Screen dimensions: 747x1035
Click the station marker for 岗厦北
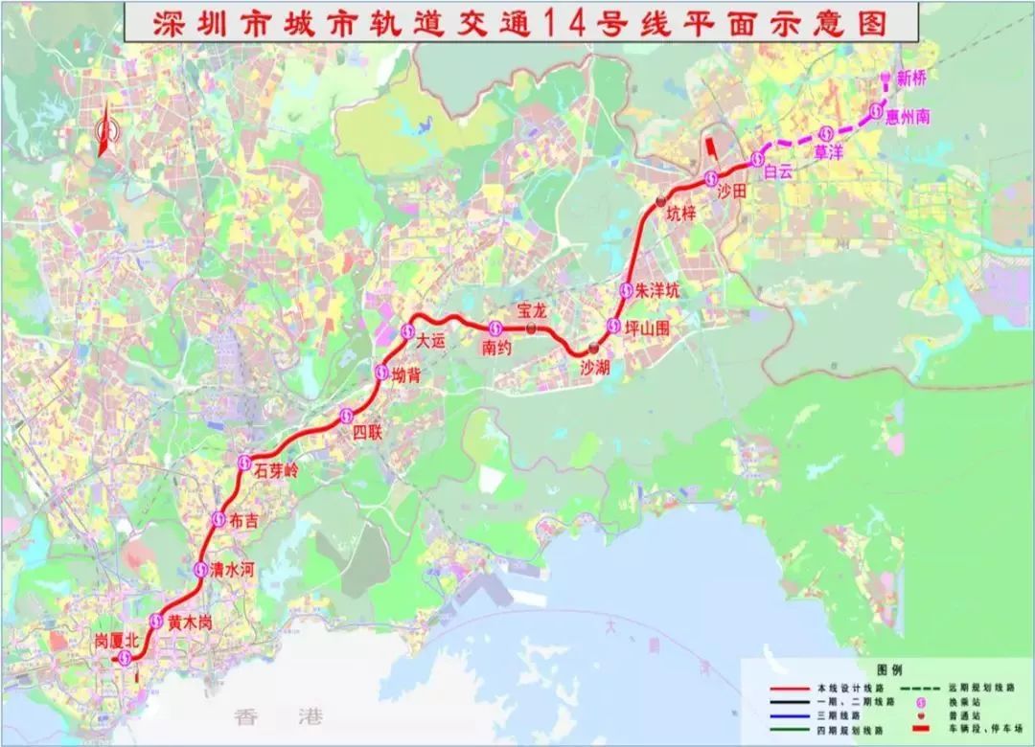(124, 656)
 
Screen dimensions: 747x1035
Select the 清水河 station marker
(200, 569)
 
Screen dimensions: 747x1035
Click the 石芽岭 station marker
(243, 464)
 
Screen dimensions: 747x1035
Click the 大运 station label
(431, 339)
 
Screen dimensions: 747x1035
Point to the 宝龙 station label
(531, 308)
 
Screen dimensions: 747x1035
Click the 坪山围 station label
(653, 327)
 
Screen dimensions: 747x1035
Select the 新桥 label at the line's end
(912, 79)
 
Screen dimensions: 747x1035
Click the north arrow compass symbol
(105, 129)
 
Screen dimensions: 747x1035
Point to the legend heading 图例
(889, 670)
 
